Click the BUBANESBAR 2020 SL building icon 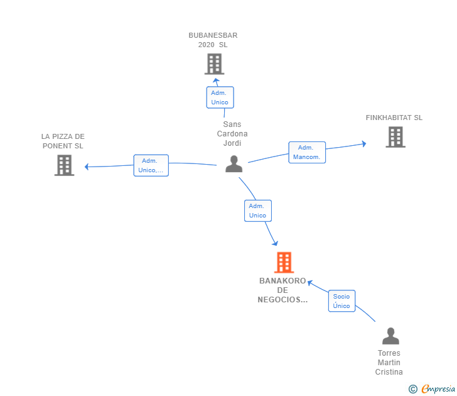[x=214, y=64]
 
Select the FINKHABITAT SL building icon [x=395, y=137]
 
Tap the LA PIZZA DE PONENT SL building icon [x=65, y=165]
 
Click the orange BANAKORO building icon [x=284, y=262]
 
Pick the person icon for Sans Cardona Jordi [x=234, y=163]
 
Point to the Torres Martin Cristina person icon [x=390, y=336]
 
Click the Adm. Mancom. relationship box [x=307, y=152]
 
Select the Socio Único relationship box [x=341, y=301]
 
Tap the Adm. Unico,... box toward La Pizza [x=151, y=165]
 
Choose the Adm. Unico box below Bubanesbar [x=220, y=97]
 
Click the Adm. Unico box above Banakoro [x=258, y=211]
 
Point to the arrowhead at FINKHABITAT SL [x=364, y=143]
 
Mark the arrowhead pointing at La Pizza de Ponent [x=87, y=167]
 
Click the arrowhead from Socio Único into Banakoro [x=310, y=283]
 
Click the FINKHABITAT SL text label [x=394, y=118]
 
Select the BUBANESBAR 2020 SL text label [x=213, y=40]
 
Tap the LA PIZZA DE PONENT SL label [x=63, y=141]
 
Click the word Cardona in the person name [x=232, y=134]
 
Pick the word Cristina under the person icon [x=389, y=371]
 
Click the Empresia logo [x=432, y=388]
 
